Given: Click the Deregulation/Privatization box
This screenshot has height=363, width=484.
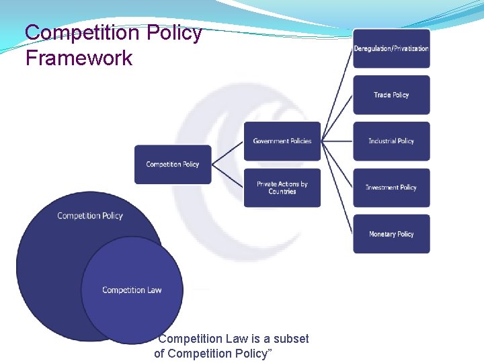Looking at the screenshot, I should coord(391,48).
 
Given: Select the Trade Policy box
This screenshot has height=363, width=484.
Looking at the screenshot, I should coord(391,95).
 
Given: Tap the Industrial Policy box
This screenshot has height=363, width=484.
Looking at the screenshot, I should coord(391,141).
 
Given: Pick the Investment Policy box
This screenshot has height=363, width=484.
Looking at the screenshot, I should coord(391,188).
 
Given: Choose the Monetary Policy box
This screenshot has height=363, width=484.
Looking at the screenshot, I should coord(391,234).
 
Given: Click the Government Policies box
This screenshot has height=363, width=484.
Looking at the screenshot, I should coord(282,141).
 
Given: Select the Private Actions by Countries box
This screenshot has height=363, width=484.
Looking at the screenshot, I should coord(282,188).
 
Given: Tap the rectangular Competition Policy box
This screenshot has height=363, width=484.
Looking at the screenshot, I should coord(173,164).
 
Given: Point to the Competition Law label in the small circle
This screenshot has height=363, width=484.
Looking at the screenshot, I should coord(132,290).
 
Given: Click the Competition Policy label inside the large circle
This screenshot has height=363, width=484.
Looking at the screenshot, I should coord(90,216).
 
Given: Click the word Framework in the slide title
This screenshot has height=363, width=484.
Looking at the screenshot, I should coord(79,58).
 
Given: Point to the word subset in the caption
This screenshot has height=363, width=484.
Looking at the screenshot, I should coord(290,339).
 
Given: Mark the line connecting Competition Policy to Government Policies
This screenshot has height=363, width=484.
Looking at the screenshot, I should coord(227,153).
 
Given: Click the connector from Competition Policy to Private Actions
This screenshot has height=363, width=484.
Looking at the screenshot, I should coord(227,176).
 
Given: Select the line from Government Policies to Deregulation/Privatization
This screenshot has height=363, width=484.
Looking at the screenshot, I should coord(337,95).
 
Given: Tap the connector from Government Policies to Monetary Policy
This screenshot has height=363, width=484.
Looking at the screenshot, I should coord(337,188).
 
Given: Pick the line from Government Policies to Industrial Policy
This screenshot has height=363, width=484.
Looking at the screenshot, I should coord(337,141).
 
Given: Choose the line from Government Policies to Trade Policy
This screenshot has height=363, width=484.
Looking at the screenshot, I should coord(337,118).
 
